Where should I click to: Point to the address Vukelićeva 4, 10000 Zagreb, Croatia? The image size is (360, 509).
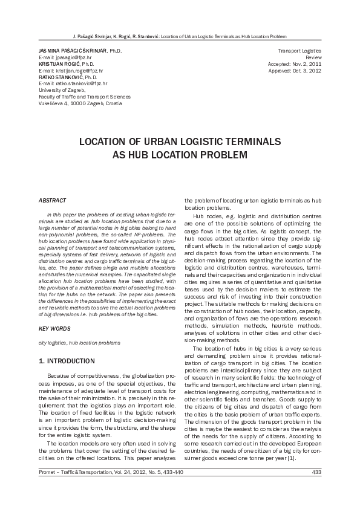point(80,103)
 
